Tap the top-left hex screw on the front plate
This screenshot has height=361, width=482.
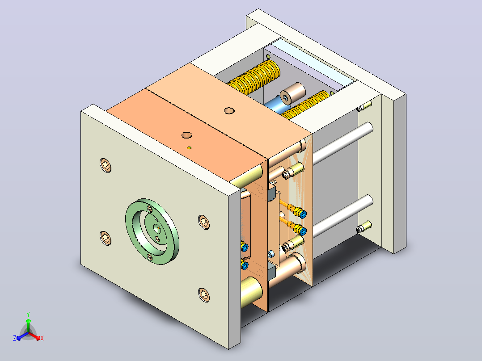(106, 165)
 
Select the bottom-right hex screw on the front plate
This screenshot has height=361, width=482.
(204, 295)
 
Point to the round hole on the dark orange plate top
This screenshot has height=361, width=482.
(186, 135)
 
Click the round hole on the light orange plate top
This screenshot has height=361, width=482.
(229, 111)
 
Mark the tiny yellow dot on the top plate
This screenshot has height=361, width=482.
(189, 148)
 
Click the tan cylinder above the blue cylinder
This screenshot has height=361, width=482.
(292, 92)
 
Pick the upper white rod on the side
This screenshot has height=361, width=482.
(343, 143)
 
